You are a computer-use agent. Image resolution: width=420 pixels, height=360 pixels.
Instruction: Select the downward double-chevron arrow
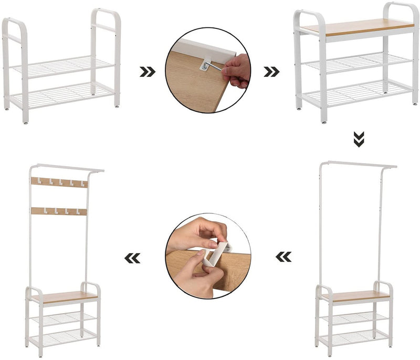(x=358, y=139)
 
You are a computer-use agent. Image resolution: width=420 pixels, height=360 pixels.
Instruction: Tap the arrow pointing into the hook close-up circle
(x=283, y=256)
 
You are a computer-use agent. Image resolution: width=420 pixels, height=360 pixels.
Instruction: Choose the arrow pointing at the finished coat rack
(x=132, y=258)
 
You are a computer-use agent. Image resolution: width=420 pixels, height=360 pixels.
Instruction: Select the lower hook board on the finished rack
(x=59, y=211)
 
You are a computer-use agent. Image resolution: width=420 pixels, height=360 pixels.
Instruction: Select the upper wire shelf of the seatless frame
(x=64, y=67)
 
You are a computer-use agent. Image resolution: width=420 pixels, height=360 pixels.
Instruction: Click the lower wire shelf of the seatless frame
(x=64, y=95)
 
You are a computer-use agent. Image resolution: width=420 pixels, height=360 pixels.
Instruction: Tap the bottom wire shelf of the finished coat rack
(x=63, y=336)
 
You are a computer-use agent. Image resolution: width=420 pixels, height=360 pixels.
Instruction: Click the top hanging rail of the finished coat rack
(x=66, y=168)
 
